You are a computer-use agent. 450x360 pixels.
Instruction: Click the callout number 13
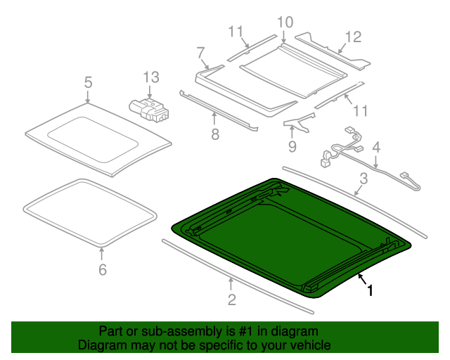pos(151,77)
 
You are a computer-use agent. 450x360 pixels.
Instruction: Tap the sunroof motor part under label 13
pos(148,109)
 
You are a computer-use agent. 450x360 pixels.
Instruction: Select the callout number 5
pos(89,82)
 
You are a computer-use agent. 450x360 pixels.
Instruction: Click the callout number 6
pos(103,269)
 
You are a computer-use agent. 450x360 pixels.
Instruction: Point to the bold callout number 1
pos(370,290)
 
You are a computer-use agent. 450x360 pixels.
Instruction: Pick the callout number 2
pos(231,300)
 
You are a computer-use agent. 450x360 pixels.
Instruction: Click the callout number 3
pos(364,179)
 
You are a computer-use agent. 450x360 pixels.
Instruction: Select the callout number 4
pos(376,147)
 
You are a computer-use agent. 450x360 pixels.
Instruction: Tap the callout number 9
pos(292,146)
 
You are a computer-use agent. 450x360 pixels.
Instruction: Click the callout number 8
pos(215,134)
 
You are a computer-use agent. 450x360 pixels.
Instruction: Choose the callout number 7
pos(200,53)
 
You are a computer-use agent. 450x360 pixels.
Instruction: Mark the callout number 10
pos(285,22)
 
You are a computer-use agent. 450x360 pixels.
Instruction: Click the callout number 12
pos(353,37)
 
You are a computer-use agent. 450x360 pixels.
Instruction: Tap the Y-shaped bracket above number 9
pos(299,122)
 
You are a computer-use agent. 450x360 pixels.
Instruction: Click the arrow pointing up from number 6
pos(101,254)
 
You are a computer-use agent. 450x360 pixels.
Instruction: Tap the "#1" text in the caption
pos(245,331)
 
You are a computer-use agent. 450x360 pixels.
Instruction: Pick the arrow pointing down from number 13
pos(150,91)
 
